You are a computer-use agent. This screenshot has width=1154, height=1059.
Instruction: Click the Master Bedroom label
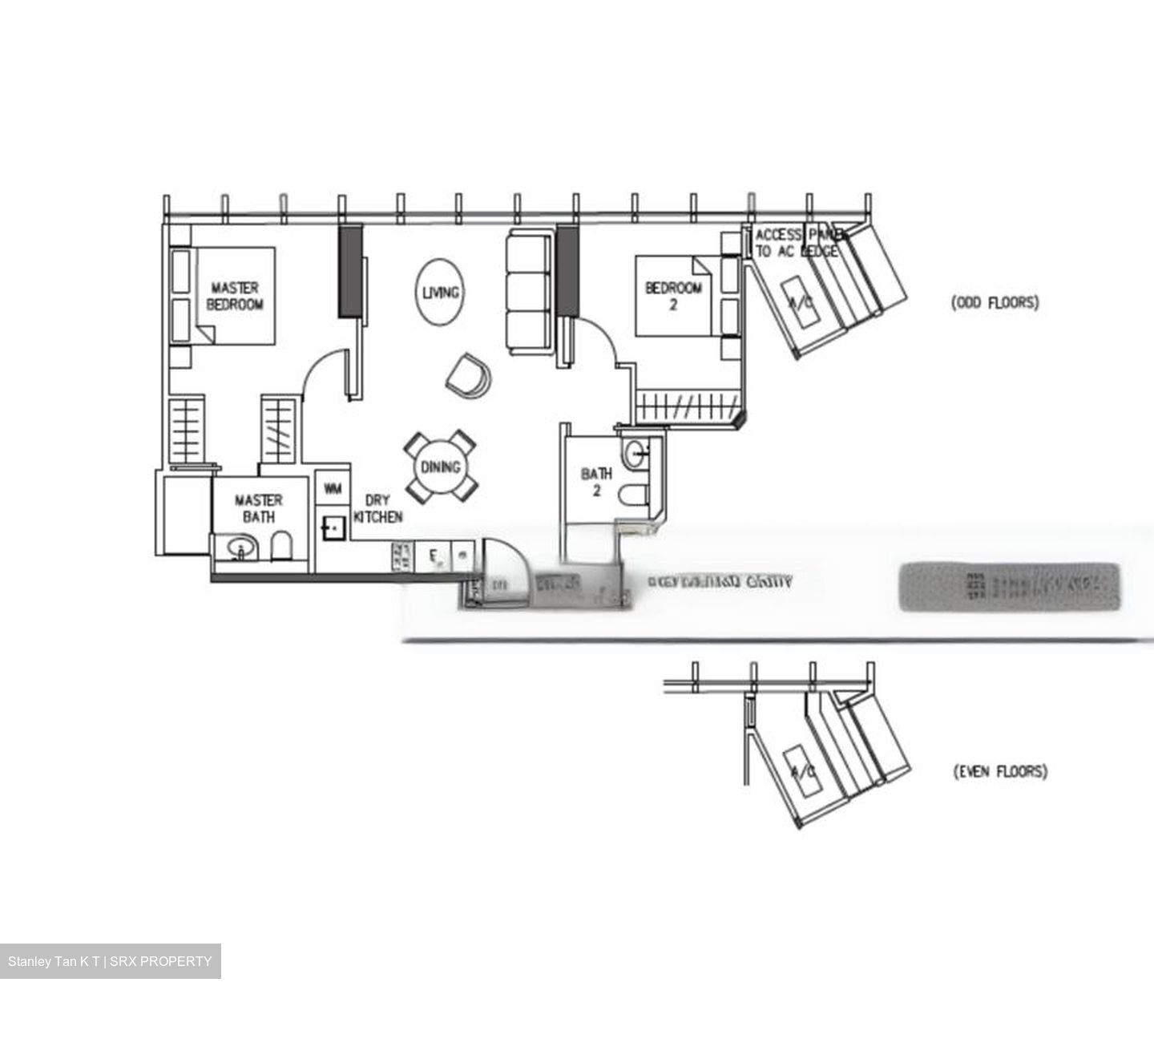point(235,296)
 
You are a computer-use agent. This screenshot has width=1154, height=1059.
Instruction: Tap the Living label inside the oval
point(440,293)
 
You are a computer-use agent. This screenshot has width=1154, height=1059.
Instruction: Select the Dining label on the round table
point(440,467)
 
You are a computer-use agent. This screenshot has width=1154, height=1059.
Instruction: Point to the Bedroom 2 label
point(673,296)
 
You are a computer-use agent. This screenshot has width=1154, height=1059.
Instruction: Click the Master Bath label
point(258,508)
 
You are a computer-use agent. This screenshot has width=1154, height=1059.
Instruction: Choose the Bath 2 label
point(596,482)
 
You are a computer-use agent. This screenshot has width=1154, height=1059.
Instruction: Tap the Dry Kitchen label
point(377,509)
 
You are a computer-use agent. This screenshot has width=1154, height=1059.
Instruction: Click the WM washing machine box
point(333,487)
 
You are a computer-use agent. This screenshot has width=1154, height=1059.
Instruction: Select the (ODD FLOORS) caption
point(995,303)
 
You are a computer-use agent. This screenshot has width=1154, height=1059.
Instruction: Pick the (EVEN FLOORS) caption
point(999,772)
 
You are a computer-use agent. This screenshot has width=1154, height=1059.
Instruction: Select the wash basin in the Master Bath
point(239,549)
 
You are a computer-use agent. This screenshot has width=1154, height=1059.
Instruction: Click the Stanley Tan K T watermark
point(110,961)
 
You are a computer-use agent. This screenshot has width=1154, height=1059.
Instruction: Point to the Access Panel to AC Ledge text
point(798,242)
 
